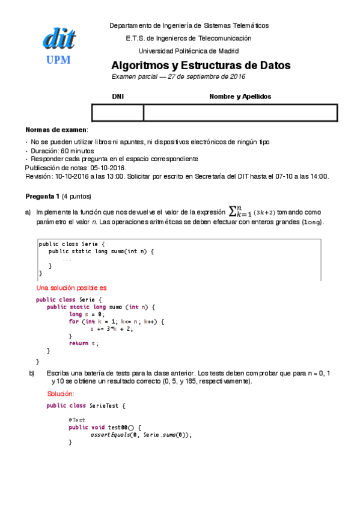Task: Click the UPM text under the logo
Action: [x=58, y=60]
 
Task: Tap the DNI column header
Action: [x=118, y=96]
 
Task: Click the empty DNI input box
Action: [x=118, y=112]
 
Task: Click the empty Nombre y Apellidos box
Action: [x=240, y=112]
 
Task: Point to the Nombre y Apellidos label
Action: [x=240, y=96]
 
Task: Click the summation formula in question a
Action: [x=247, y=212]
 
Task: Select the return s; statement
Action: [x=83, y=343]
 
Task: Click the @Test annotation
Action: [x=76, y=420]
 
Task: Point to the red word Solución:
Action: [x=61, y=394]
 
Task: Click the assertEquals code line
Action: [x=141, y=434]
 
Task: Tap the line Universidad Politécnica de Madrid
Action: [x=189, y=51]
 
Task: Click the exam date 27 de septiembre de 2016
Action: [x=207, y=77]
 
